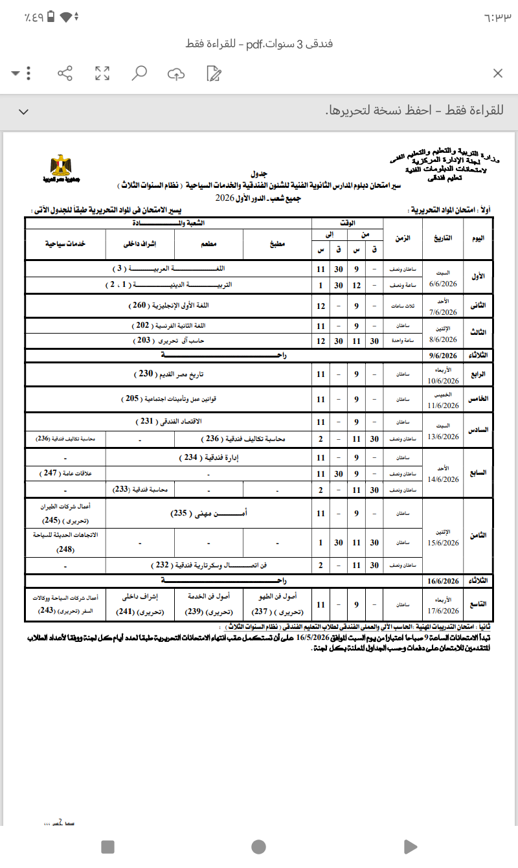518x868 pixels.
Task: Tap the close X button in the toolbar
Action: tap(497, 73)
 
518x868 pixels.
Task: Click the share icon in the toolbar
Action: tap(65, 73)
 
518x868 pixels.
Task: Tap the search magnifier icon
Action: tap(139, 73)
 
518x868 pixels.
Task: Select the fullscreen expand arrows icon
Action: tap(102, 73)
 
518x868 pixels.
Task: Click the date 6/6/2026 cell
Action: tap(443, 283)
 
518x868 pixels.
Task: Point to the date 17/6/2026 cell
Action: tap(443, 610)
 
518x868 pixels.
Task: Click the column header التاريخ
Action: tap(443, 238)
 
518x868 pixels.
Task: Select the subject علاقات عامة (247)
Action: tap(65, 474)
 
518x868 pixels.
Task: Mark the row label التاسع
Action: tap(478, 604)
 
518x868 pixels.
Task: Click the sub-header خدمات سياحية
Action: tap(65, 245)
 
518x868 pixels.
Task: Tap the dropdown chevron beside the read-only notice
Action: tap(24, 111)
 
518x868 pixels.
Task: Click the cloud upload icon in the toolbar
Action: tap(175, 73)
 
